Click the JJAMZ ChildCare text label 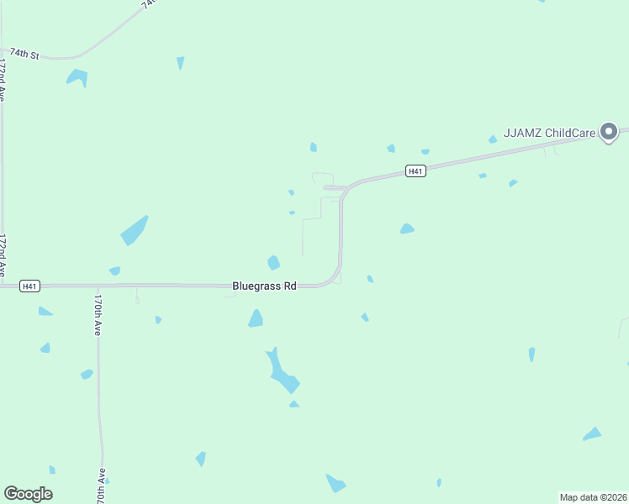[549, 133]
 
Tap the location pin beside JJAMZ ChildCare [609, 132]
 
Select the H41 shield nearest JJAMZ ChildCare [415, 171]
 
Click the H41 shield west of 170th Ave [29, 286]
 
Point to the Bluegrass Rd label [265, 286]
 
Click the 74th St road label [24, 54]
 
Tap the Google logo [28, 494]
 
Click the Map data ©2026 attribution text [593, 496]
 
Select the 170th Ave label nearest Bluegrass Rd [98, 315]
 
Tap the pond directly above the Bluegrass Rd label [273, 263]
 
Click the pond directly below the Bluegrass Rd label [256, 318]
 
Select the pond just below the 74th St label [77, 78]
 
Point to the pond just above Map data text [593, 434]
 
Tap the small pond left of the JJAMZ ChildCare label [493, 139]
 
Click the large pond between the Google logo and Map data [335, 483]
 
